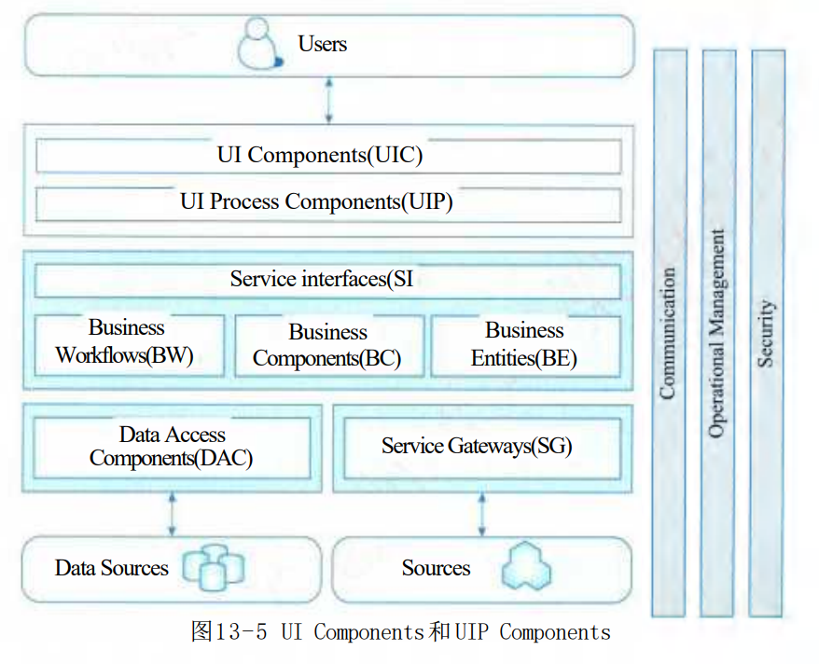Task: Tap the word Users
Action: [322, 44]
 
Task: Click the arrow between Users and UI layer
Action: [328, 100]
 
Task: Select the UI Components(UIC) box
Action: [328, 156]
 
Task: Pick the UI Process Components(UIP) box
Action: [328, 204]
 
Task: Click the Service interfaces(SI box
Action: [327, 281]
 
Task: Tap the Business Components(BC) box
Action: [329, 345]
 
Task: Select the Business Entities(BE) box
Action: [525, 345]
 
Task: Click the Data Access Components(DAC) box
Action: [172, 448]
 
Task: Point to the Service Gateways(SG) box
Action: [482, 448]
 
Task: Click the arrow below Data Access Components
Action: [172, 514]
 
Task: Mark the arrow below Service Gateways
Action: [481, 514]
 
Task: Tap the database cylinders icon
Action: [214, 567]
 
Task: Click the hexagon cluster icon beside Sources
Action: [526, 566]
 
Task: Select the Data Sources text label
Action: [112, 568]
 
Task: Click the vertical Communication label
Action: [667, 334]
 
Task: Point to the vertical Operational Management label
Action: [716, 333]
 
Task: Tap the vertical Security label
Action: [765, 333]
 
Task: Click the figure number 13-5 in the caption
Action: [242, 631]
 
